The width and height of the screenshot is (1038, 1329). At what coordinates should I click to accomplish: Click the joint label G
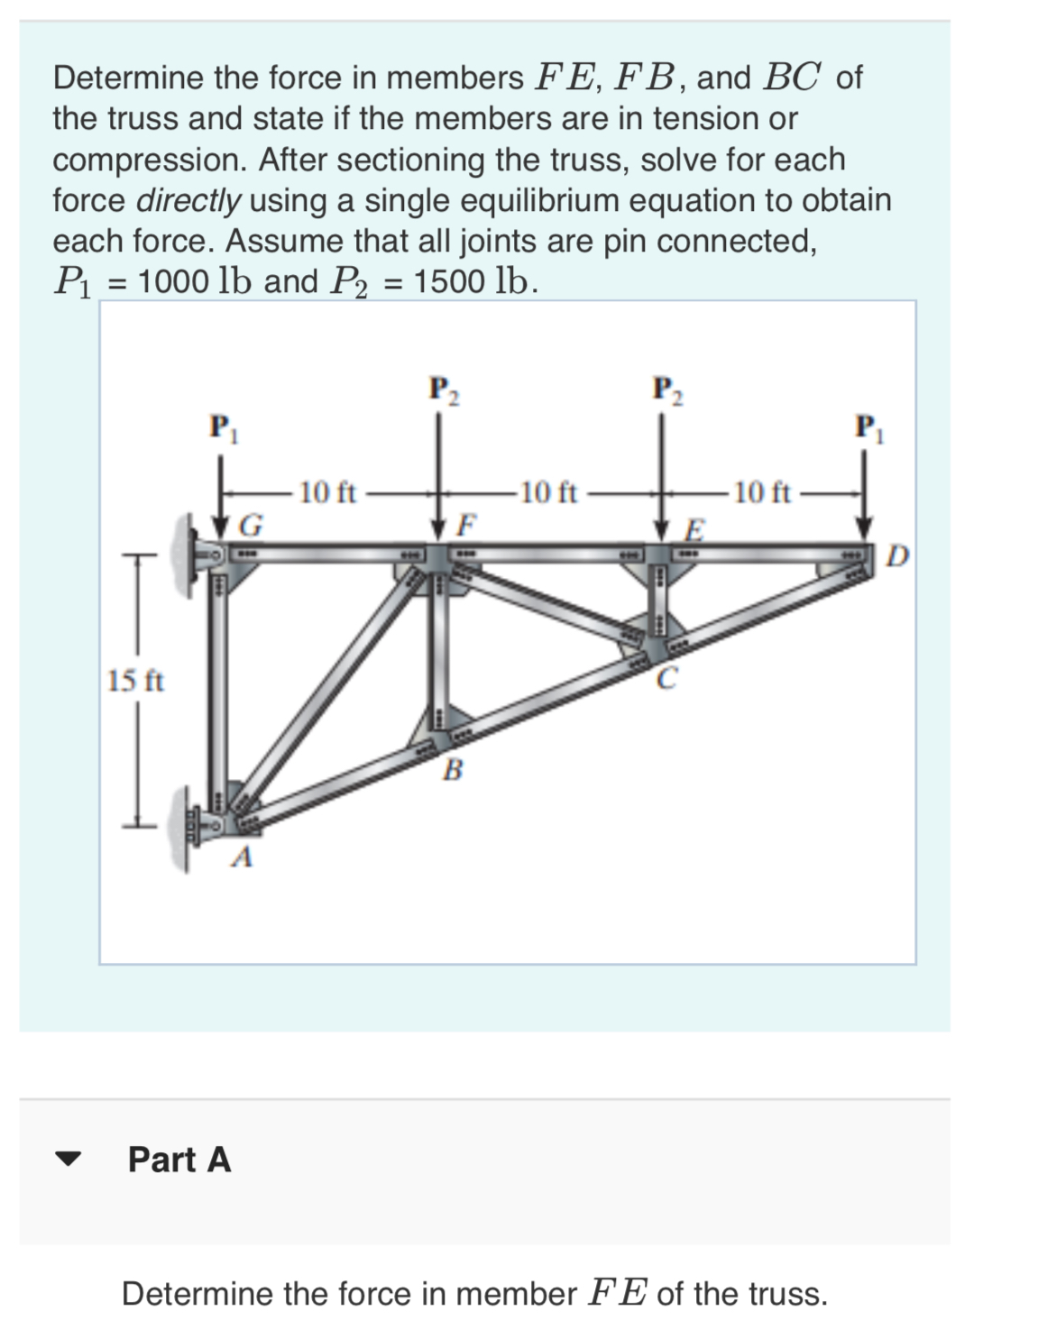(x=255, y=524)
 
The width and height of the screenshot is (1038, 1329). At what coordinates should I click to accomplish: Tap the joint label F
(x=467, y=523)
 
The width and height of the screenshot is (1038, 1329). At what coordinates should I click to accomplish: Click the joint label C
(x=665, y=678)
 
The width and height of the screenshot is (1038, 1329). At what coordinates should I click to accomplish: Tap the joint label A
(x=240, y=858)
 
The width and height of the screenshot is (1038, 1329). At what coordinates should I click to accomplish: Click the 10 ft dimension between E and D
(x=762, y=492)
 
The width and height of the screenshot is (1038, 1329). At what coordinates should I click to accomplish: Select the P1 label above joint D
(x=869, y=425)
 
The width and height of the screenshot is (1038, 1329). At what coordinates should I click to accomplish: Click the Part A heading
(x=179, y=1159)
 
